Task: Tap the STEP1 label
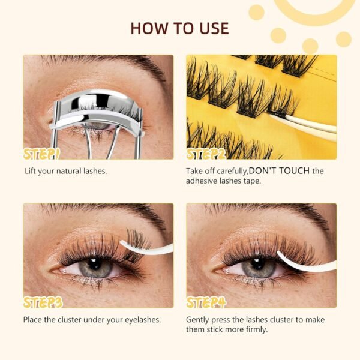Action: pyautogui.click(x=41, y=154)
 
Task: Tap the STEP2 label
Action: pyautogui.click(x=206, y=154)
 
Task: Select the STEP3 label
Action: pyautogui.click(x=43, y=302)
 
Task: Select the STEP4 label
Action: pyautogui.click(x=206, y=302)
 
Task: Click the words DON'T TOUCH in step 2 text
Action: pyautogui.click(x=279, y=171)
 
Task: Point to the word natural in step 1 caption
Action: pyautogui.click(x=68, y=171)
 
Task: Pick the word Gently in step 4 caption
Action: pyautogui.click(x=197, y=320)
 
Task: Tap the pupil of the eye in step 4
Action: pyautogui.click(x=257, y=264)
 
